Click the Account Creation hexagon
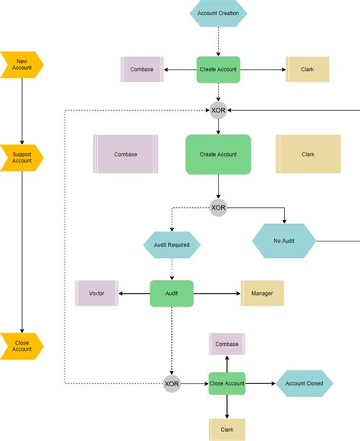[218, 13]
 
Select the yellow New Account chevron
[22, 65]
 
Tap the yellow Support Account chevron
[22, 156]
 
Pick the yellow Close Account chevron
[22, 345]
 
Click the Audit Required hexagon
[172, 245]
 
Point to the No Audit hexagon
[284, 242]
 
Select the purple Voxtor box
[96, 294]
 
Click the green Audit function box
[172, 294]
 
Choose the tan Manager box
[262, 294]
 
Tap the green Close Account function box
[227, 383]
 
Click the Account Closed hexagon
[304, 383]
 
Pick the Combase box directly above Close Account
[227, 344]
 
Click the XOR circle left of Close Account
[172, 383]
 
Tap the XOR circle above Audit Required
[218, 207]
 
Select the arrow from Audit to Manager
[216, 294]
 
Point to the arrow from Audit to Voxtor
[134, 294]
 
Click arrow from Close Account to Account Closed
[260, 383]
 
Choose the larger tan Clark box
[308, 154]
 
